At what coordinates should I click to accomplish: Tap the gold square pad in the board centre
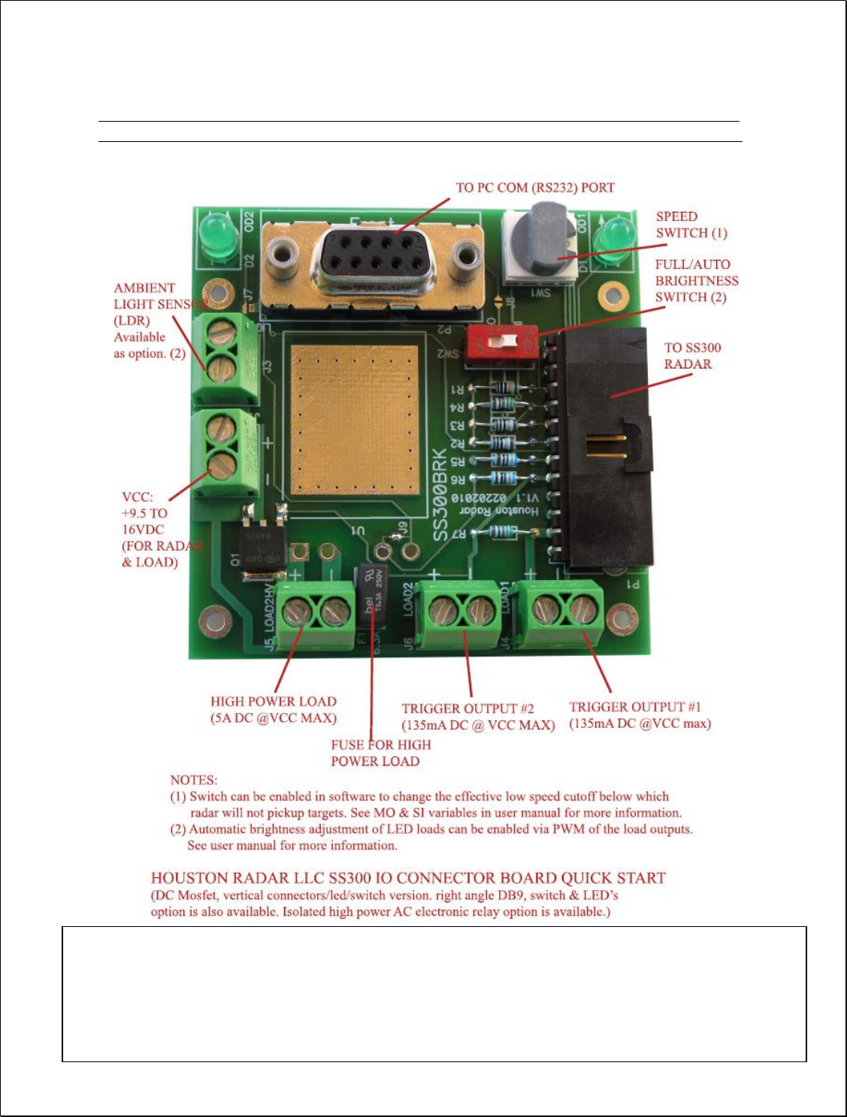click(x=354, y=419)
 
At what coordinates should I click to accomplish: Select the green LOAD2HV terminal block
click(x=316, y=612)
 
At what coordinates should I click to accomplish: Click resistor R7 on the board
click(x=500, y=532)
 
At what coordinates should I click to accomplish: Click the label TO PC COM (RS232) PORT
click(x=535, y=188)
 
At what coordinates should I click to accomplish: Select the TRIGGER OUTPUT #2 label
click(x=478, y=717)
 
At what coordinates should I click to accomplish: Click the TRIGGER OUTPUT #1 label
click(x=640, y=715)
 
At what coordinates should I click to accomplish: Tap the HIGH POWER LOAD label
click(x=274, y=710)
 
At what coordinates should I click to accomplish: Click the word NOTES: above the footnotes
click(x=193, y=780)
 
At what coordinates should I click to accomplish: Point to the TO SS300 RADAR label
click(x=692, y=356)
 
